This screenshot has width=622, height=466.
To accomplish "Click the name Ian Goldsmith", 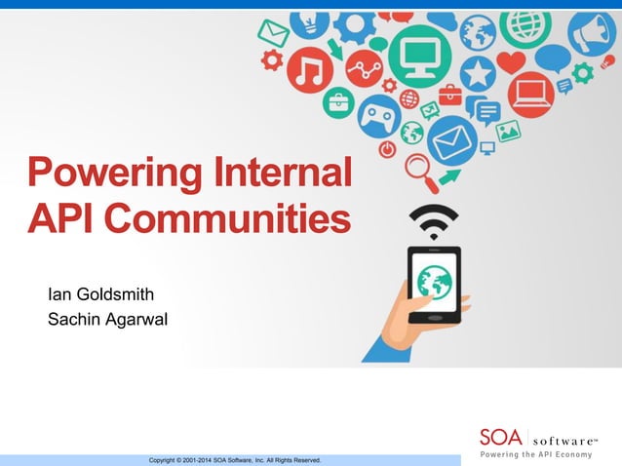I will click(x=100, y=293).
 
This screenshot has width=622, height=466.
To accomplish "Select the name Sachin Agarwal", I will click(x=107, y=318).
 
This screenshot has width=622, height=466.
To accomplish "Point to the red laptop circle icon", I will click(x=531, y=96).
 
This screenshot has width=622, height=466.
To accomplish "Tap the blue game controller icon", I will click(x=380, y=117).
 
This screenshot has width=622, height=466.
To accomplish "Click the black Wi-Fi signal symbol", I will click(x=433, y=221).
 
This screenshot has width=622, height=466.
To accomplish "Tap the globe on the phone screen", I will click(x=434, y=282).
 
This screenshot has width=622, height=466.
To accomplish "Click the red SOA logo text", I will click(x=501, y=438).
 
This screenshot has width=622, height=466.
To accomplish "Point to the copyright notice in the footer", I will click(x=234, y=459).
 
